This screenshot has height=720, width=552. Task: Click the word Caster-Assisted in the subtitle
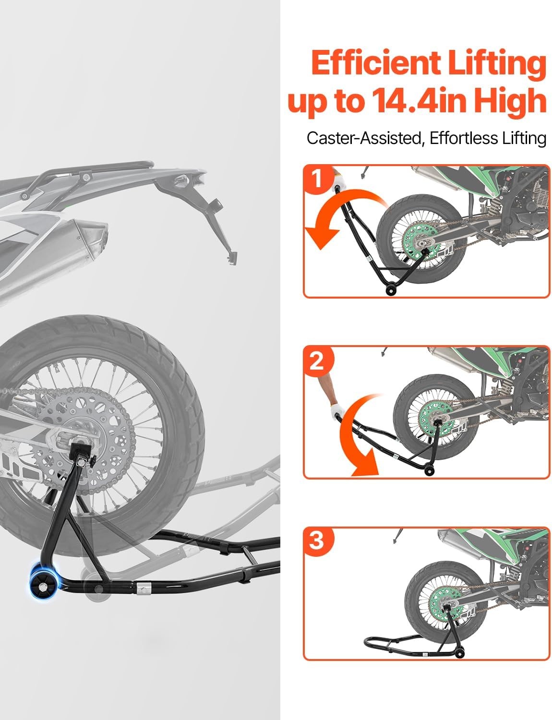[363, 138]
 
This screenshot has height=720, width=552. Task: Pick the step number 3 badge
[318, 541]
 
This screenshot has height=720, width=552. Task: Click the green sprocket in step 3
[444, 605]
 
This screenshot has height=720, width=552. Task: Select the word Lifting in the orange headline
[496, 65]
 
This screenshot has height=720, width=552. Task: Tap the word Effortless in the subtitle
[463, 138]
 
